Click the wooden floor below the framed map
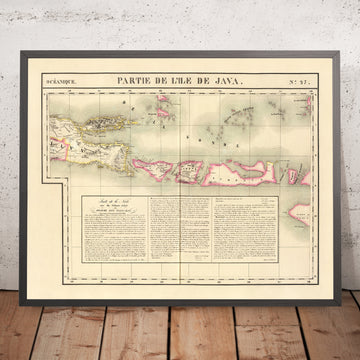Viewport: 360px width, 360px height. click(180, 330)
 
